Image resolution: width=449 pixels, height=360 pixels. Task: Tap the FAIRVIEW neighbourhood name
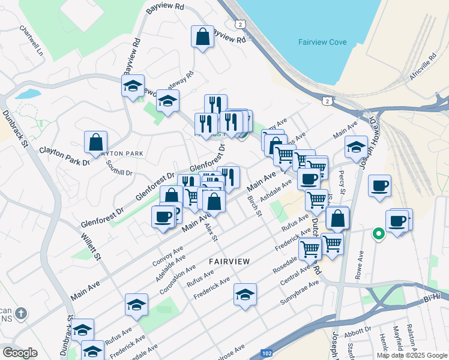229,261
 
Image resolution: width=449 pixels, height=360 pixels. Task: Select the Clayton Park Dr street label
64,156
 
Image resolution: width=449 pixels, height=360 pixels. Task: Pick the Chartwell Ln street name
32,40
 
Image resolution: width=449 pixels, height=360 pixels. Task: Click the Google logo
20,353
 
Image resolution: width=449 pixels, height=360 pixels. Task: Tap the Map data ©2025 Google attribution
412,355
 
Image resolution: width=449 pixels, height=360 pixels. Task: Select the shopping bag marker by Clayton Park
95,143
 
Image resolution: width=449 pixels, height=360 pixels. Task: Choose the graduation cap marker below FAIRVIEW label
245,295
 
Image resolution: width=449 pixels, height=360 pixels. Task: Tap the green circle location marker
379,234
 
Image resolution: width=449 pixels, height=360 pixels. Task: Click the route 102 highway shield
265,355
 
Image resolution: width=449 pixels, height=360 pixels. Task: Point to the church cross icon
21,313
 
